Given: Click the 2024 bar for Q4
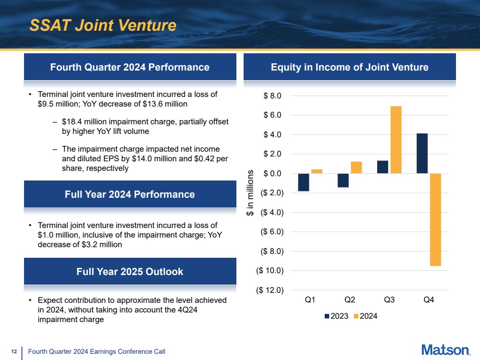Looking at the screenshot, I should [435, 219].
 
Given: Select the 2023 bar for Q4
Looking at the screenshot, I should [422, 153].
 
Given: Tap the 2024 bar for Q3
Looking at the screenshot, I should [396, 140].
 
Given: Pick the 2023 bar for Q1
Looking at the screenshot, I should [303, 182].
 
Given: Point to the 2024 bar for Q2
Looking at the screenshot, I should [356, 168].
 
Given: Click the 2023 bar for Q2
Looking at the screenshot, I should [343, 180].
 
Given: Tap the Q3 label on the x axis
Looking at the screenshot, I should [389, 301].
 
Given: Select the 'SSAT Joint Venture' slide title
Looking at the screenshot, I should [103, 25].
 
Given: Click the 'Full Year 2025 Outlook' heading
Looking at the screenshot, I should [130, 272].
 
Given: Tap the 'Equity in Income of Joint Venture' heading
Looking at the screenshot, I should [350, 67].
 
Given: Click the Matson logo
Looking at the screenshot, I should [445, 350].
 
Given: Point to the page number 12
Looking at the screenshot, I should [14, 352].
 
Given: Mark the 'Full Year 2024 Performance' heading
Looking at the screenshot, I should [130, 194].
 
